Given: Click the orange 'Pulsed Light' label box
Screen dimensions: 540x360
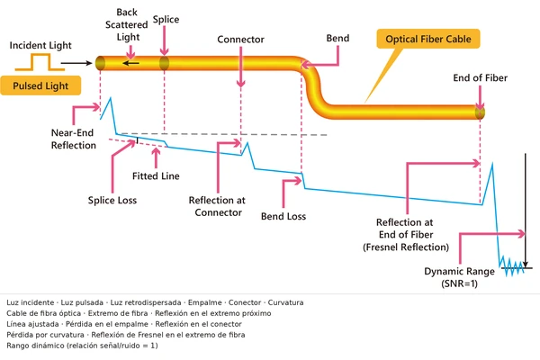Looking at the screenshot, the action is point(40,85).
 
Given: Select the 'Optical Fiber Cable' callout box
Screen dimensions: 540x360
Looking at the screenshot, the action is point(428,39).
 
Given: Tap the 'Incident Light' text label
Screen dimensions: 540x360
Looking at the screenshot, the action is point(40,45).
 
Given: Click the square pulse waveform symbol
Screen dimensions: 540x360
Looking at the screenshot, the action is point(40,62).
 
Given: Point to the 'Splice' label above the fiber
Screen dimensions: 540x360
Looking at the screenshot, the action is point(166,19).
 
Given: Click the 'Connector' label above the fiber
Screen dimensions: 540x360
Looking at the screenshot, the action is point(240,40).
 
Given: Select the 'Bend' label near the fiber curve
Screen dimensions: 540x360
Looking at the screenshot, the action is point(337,38).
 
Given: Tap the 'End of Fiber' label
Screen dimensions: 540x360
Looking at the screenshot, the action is point(480,78).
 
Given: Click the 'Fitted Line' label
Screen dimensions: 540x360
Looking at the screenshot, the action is point(156,176).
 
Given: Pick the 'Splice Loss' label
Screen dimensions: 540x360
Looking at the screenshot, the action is point(112,200).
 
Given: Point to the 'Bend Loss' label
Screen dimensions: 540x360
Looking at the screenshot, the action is point(283,216).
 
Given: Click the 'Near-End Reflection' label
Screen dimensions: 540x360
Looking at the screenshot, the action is point(74,139).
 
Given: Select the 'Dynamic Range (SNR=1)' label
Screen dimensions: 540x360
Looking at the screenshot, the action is point(459,277).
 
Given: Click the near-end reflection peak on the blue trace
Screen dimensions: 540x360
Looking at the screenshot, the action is point(111,98).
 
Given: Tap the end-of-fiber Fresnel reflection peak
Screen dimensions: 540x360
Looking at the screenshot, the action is point(492,165).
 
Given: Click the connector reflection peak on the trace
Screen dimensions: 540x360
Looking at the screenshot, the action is point(247,144).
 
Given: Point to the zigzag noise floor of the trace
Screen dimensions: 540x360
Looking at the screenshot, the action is point(512,267).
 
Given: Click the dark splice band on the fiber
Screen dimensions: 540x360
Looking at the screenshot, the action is point(165,63).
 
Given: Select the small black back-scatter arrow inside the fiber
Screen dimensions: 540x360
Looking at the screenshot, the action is point(130,63).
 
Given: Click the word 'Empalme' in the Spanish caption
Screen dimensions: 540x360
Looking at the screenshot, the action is point(205,302).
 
